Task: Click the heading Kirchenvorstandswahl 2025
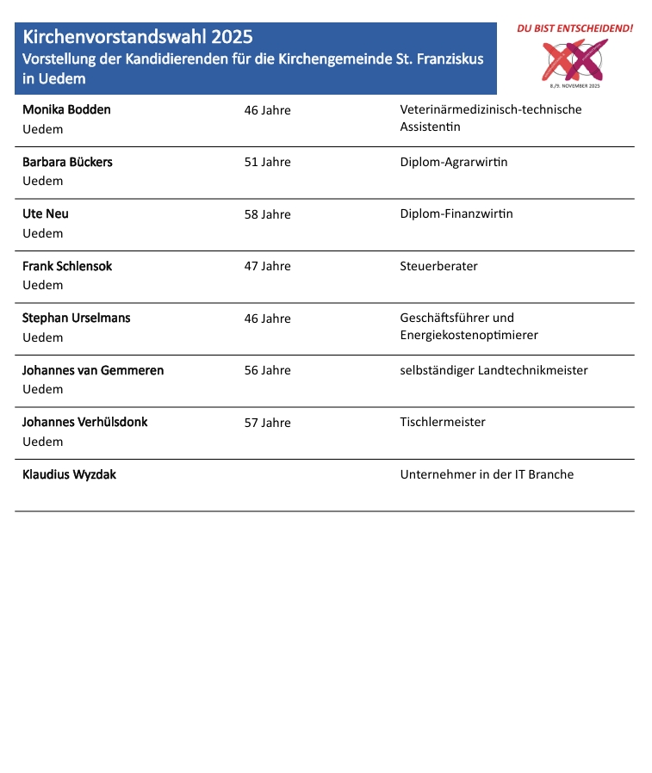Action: pyautogui.click(x=138, y=38)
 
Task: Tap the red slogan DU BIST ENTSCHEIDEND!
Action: pyautogui.click(x=574, y=28)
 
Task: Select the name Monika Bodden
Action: pyautogui.click(x=66, y=110)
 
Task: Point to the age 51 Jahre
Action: pyautogui.click(x=267, y=162)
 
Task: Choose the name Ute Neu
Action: pyautogui.click(x=46, y=214)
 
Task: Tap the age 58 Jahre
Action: pyautogui.click(x=267, y=214)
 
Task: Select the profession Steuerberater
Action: pyautogui.click(x=438, y=266)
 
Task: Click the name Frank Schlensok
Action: pyautogui.click(x=67, y=266)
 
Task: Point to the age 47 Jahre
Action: pyautogui.click(x=267, y=266)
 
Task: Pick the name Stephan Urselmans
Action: pyautogui.click(x=77, y=318)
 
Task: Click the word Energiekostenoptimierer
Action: pyautogui.click(x=469, y=335)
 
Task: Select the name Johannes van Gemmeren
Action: pyautogui.click(x=93, y=370)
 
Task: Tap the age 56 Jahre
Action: pyautogui.click(x=267, y=370)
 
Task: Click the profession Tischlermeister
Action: pyautogui.click(x=443, y=422)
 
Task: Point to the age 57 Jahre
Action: pyautogui.click(x=267, y=423)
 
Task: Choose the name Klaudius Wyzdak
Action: pyautogui.click(x=69, y=474)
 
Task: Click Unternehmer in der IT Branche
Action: pyautogui.click(x=487, y=474)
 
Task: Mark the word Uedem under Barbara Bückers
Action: pyautogui.click(x=42, y=182)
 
